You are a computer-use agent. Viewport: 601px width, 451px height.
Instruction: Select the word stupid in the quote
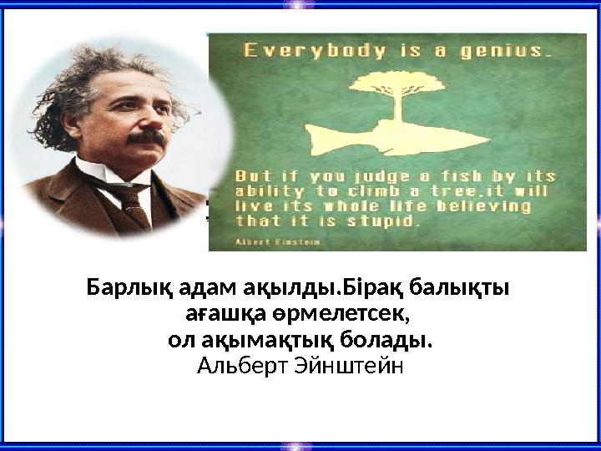[385, 222]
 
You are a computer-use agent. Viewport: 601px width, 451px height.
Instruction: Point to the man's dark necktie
[134, 200]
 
